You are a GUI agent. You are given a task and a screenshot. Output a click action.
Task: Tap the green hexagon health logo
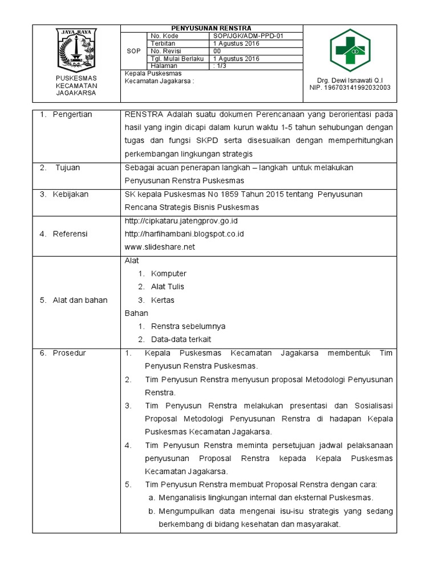350,50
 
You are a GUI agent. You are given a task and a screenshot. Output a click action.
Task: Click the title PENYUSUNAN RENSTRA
211,28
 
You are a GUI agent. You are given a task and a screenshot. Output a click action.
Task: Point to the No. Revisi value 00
216,51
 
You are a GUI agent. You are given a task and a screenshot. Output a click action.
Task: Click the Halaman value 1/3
220,66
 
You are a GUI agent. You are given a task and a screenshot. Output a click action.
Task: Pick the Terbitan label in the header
162,43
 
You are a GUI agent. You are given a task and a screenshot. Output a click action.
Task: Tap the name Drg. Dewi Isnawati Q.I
350,80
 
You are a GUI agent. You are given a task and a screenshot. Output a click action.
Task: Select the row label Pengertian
72,115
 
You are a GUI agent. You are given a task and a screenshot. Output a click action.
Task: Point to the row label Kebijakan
72,194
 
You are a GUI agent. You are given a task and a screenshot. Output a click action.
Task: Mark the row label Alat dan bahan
80,300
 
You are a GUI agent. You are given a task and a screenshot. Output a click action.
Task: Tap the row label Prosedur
69,353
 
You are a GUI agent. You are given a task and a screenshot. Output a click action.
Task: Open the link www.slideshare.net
160,247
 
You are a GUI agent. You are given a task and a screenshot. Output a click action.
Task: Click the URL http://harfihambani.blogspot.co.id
184,234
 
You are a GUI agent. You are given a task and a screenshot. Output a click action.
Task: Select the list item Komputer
169,274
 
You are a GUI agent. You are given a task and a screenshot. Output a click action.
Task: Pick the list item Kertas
163,300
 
